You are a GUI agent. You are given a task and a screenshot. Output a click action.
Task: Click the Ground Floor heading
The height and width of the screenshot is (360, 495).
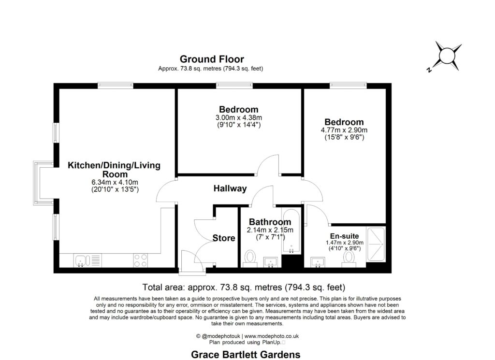212,59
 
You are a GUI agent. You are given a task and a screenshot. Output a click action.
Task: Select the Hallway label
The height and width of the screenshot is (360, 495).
230,188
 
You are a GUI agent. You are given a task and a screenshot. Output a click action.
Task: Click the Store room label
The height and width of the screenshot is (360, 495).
223,238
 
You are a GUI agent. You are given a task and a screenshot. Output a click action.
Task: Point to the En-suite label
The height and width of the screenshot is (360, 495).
344,236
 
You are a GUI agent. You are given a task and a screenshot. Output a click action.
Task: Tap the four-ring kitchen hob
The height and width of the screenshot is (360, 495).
141,260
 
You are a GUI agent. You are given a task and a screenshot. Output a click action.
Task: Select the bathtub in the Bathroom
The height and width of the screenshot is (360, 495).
291,231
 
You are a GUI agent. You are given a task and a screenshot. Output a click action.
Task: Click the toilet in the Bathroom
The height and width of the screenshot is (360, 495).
250,259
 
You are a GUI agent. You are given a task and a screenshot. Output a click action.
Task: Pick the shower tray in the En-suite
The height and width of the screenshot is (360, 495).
376,244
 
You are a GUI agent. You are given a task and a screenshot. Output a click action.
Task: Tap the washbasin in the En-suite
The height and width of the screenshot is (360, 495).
318,262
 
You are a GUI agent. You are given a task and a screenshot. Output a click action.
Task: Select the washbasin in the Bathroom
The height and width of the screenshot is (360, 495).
271,262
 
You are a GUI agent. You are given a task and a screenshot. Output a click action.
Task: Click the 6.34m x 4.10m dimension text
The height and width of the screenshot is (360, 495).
115,182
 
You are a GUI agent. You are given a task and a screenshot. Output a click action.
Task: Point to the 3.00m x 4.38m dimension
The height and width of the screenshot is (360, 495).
239,118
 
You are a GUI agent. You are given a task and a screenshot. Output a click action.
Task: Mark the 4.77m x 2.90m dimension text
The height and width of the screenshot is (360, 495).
344,130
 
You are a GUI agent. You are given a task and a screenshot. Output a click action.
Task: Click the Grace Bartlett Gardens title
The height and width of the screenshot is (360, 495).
246,355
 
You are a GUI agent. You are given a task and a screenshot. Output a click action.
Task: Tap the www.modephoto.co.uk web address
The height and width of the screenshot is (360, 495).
272,336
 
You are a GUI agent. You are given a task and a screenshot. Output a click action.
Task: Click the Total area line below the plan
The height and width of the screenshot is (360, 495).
244,288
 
